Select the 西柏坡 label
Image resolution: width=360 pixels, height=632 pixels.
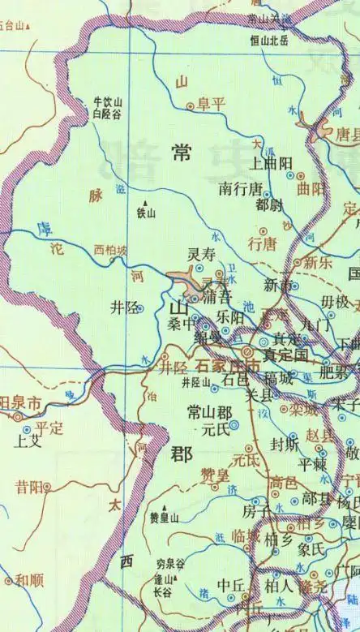tap(110, 250)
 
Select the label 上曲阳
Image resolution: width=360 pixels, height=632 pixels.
tap(272, 162)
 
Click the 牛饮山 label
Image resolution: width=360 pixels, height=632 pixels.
tap(108, 102)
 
